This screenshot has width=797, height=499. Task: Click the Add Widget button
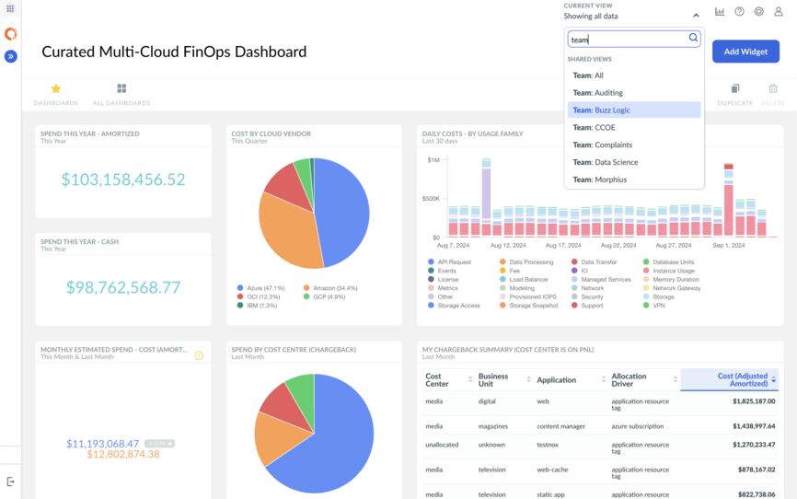coord(745,52)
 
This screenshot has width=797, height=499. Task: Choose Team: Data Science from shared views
coord(605,162)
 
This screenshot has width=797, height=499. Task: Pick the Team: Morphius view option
coord(599,180)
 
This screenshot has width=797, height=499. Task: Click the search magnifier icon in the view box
coord(694,39)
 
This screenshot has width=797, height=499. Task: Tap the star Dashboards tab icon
coord(55,89)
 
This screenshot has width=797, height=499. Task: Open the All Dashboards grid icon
coord(121,89)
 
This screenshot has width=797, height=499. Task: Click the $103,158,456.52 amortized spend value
coord(123,180)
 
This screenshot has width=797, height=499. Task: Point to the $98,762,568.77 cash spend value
coord(123,287)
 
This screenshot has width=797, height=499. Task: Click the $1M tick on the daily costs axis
coord(433,160)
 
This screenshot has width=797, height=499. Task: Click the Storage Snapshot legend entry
coord(533,306)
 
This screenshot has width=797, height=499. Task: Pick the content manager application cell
coord(561,426)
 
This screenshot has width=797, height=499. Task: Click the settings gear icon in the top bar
coord(758,12)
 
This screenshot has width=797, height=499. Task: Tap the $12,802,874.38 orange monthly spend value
coord(123,455)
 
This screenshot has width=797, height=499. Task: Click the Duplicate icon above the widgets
coord(734,89)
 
